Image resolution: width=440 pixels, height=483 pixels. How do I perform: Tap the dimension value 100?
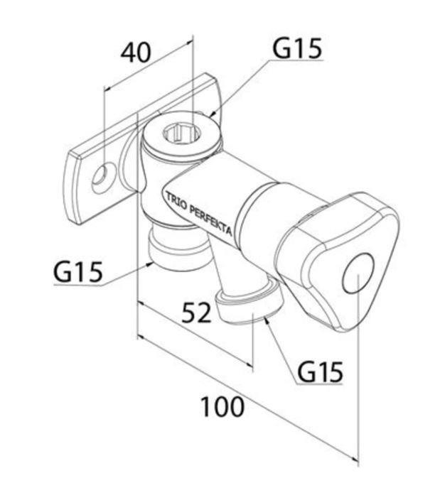[222, 407]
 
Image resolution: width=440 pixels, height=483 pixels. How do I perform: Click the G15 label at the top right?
[297, 48]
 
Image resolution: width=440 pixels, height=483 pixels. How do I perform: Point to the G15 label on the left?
[79, 271]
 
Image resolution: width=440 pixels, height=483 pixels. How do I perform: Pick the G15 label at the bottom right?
[320, 371]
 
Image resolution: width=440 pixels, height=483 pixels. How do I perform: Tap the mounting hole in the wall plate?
[102, 176]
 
